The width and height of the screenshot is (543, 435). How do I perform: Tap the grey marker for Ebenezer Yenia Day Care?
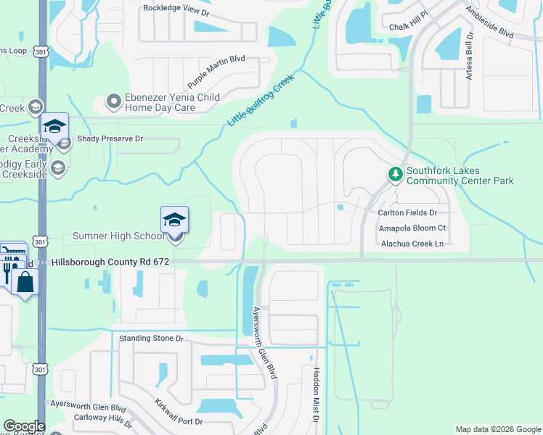[x=113, y=101]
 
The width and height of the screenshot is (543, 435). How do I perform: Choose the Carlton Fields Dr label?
[x=407, y=213]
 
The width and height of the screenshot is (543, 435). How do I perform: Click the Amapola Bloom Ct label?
[x=412, y=228]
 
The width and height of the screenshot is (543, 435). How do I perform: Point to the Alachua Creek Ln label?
[x=412, y=244]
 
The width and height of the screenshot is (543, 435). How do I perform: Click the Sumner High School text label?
[x=118, y=236]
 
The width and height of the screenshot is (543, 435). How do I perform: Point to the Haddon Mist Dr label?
[x=316, y=394]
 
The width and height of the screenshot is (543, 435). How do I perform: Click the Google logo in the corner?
[x=24, y=426]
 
